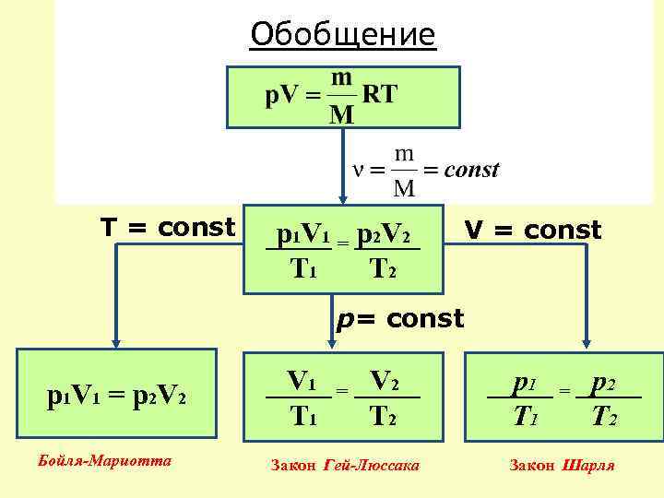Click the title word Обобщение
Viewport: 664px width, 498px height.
point(342,35)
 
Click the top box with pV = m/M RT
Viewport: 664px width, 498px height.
point(342,96)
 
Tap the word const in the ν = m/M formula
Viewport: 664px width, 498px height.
point(472,170)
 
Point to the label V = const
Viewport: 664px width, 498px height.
point(532,230)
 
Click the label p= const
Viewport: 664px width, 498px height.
point(399,319)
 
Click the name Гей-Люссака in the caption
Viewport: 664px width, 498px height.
point(372,466)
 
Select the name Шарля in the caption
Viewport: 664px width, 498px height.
point(589,466)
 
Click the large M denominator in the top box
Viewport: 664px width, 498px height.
point(342,114)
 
